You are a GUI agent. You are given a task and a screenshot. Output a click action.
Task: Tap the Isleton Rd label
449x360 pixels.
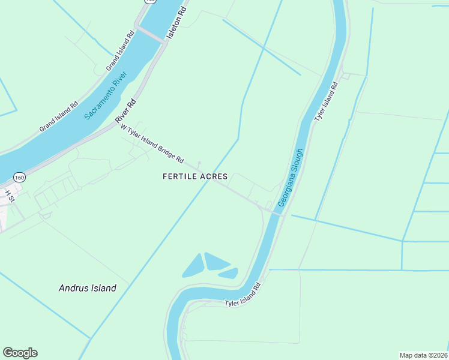point(178,21)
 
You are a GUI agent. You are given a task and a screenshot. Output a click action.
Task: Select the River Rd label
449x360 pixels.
point(127,112)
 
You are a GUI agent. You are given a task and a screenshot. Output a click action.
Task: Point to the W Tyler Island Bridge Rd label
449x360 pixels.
point(152,143)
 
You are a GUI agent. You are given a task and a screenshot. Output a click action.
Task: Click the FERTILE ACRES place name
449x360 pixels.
point(195,176)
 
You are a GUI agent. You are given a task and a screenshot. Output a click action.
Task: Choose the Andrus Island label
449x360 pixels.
point(87,288)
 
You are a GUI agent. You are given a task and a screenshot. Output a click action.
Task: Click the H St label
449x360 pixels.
point(10,196)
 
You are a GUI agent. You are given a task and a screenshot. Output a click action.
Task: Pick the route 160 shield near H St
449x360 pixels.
point(19,178)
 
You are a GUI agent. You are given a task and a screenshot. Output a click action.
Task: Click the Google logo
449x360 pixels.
point(20,352)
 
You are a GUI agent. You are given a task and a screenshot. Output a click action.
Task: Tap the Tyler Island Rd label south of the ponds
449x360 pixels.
point(244,295)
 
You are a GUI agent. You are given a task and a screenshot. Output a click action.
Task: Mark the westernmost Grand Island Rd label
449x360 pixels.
point(59,115)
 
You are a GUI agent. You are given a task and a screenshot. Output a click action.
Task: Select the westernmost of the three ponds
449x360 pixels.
point(192,265)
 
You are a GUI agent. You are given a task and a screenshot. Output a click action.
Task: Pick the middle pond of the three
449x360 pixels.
point(215,261)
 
